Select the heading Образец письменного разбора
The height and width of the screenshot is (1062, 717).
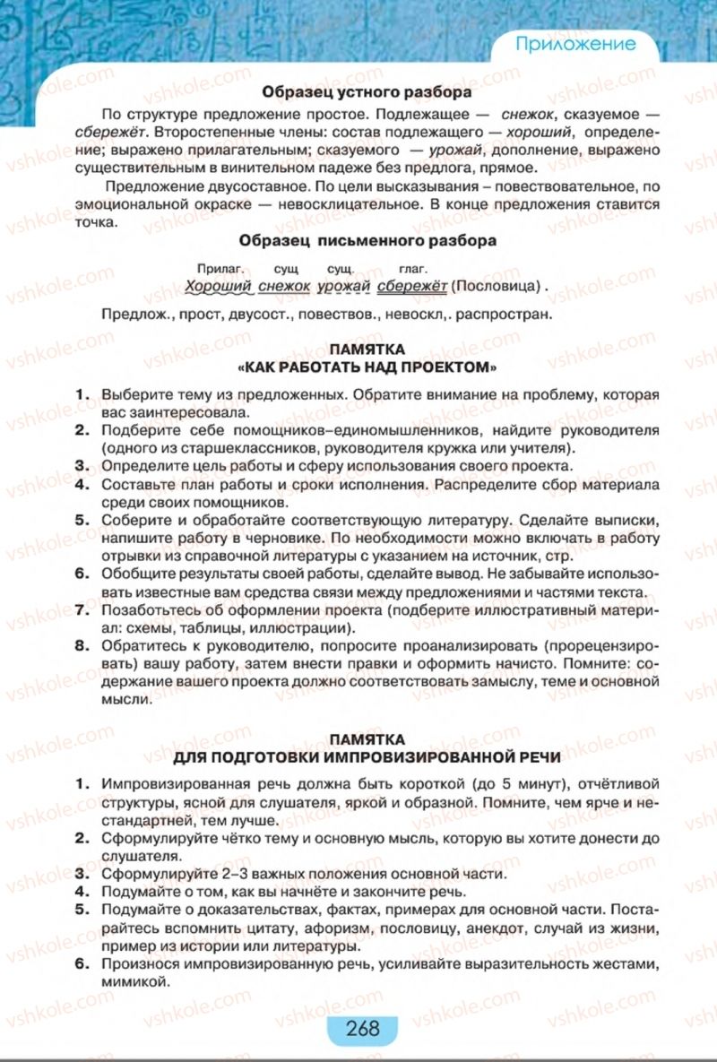[367, 240]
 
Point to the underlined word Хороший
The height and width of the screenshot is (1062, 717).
[217, 286]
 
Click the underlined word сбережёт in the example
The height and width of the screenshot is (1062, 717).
[411, 286]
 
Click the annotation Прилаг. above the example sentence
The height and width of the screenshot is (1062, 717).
[215, 268]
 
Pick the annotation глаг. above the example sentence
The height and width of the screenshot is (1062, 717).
[413, 268]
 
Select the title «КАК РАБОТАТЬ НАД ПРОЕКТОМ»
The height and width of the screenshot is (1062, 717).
[367, 367]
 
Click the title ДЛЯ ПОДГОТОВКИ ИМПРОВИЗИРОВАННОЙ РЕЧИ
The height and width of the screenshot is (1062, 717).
[367, 756]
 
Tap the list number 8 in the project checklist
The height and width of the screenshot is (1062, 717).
[82, 645]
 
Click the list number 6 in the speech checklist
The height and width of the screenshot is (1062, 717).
[82, 964]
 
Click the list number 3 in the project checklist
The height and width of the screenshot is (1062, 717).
[82, 466]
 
